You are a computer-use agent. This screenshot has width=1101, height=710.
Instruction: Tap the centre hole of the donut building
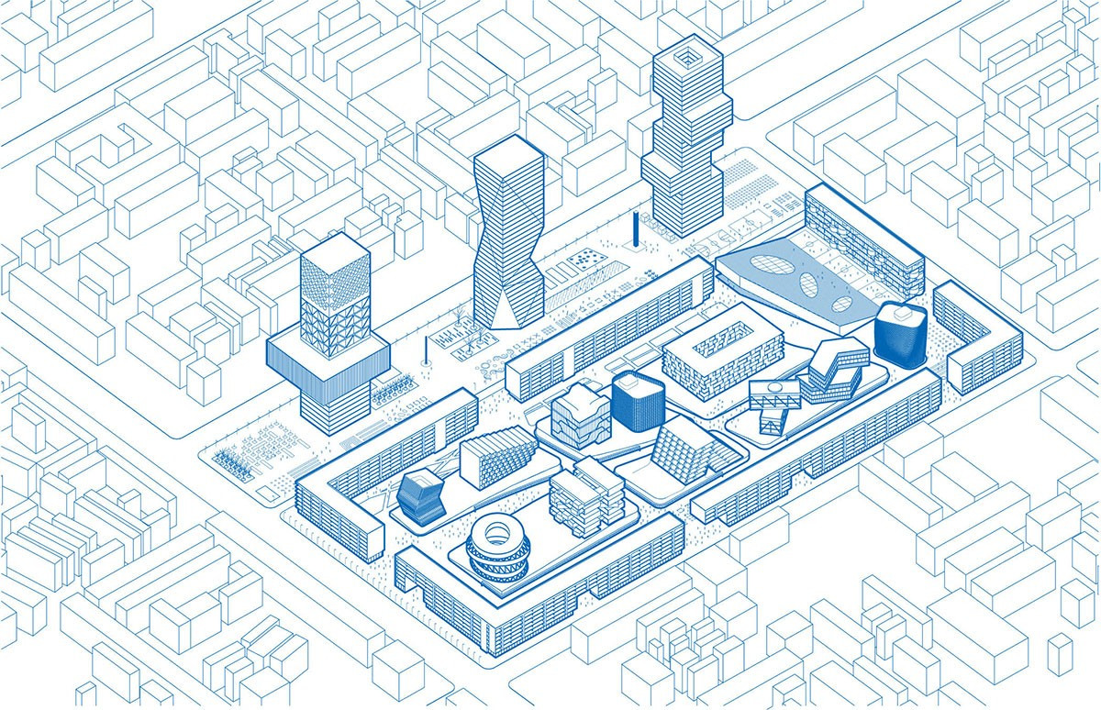pos(497,531)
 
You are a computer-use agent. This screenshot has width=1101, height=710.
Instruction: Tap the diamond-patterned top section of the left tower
pos(336,284)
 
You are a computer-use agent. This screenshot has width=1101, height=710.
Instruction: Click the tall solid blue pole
pos(634,230)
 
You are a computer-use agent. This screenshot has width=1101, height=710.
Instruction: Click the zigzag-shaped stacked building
pos(833,369)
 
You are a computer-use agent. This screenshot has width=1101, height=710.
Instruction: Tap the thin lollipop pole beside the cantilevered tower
pos(426,354)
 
